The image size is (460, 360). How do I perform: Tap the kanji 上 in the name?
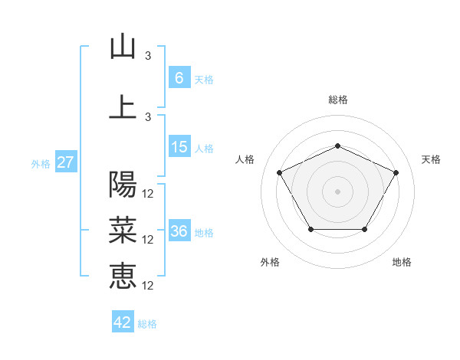click(123, 106)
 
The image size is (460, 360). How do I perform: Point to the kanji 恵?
click(123, 275)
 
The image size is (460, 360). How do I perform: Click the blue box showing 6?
click(179, 77)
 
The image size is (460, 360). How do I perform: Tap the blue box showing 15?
click(179, 147)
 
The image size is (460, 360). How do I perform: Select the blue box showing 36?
click(179, 231)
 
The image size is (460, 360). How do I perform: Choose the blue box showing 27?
click(65, 162)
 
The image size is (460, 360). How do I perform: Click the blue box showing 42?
click(123, 322)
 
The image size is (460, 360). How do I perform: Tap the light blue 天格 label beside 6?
click(204, 79)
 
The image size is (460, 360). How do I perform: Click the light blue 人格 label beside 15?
click(204, 149)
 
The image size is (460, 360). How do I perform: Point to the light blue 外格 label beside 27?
click(41, 164)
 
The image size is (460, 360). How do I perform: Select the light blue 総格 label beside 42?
click(147, 324)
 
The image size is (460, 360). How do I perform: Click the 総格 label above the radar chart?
click(338, 100)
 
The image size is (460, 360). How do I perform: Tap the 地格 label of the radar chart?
click(402, 262)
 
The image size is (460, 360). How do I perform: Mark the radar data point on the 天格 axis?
click(396, 172)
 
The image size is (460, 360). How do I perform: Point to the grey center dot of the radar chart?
click(338, 191)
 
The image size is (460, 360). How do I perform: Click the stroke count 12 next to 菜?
click(149, 240)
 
